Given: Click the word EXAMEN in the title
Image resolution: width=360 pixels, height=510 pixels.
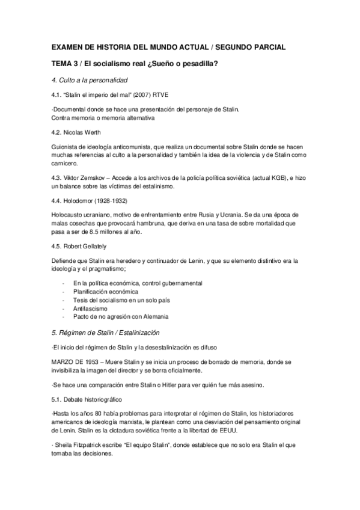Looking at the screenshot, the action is coord(69,47).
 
